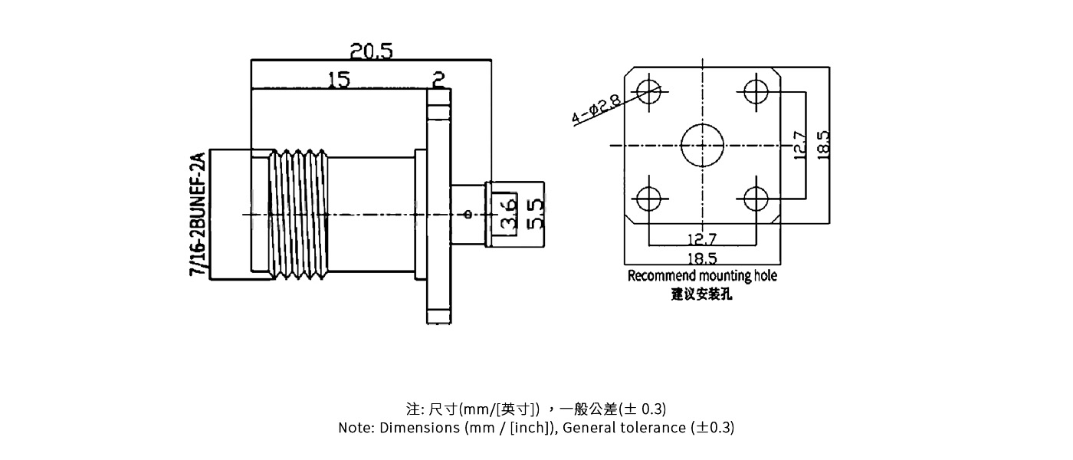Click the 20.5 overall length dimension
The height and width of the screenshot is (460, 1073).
(x=371, y=51)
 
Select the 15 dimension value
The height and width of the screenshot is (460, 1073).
(x=338, y=79)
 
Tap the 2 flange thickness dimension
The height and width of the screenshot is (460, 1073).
(x=438, y=79)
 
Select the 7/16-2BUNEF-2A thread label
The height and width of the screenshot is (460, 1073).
(x=198, y=214)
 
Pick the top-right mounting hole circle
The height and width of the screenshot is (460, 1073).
(x=755, y=91)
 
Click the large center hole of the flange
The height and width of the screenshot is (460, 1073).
(x=702, y=145)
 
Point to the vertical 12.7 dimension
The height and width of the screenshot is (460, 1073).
(x=799, y=145)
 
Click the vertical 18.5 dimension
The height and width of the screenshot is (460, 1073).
(x=823, y=145)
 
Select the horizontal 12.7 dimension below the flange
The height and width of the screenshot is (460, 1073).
(x=701, y=240)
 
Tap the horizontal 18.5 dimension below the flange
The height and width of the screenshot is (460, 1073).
(x=701, y=258)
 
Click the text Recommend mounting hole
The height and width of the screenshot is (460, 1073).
(x=701, y=276)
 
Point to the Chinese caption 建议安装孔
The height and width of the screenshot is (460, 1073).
(x=701, y=294)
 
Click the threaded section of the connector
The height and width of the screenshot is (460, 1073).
(x=301, y=213)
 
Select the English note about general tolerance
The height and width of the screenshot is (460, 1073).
(x=536, y=428)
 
